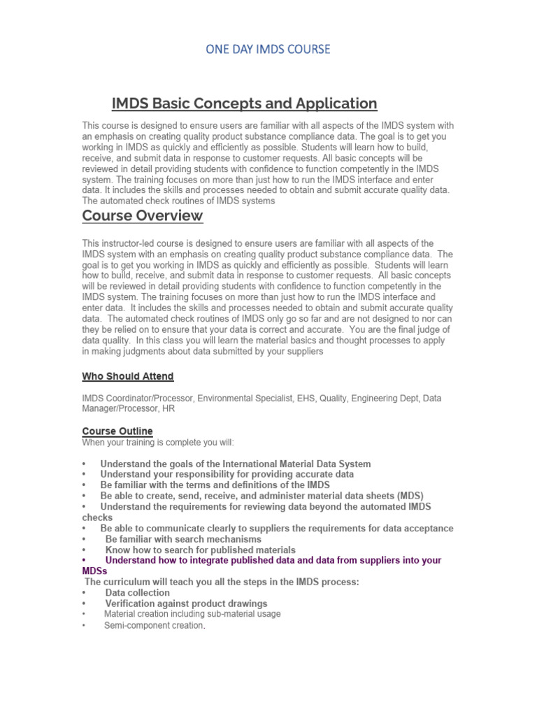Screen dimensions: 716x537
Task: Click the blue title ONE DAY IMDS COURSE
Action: tap(268, 49)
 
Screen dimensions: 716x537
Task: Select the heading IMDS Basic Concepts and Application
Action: tap(244, 103)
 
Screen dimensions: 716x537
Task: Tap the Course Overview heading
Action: tap(143, 215)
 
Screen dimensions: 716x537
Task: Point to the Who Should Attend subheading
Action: tap(128, 376)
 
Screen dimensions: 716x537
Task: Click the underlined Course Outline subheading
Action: tap(117, 431)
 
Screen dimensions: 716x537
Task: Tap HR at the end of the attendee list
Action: tap(169, 408)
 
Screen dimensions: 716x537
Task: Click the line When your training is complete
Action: tap(158, 442)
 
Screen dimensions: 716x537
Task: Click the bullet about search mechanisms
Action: tap(183, 539)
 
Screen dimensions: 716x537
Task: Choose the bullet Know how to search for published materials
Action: tap(200, 550)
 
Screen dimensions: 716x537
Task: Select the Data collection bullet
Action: tap(137, 593)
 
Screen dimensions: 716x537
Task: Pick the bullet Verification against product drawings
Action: tap(186, 603)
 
